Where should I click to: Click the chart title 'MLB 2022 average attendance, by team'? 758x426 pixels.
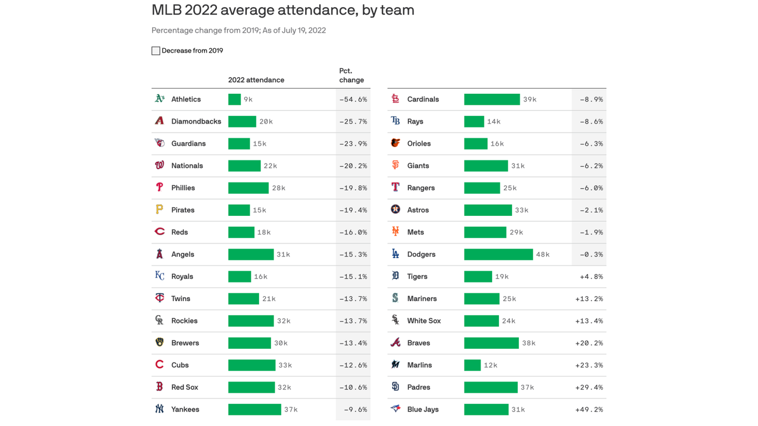(x=282, y=10)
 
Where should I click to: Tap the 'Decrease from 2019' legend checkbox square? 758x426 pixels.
(x=156, y=51)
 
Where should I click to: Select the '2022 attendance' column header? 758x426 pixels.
(x=256, y=80)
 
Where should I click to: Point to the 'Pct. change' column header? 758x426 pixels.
(x=351, y=75)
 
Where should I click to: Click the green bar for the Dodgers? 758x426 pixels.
(x=498, y=255)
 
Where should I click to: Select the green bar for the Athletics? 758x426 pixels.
(x=234, y=99)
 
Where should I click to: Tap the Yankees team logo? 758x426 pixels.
(x=159, y=409)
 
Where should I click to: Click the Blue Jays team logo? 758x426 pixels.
(x=395, y=409)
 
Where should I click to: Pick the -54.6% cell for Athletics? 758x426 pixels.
(x=353, y=99)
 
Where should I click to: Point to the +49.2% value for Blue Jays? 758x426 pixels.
(x=589, y=409)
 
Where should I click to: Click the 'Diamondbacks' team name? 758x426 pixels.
(x=196, y=121)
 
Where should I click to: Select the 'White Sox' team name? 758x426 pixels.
(x=423, y=321)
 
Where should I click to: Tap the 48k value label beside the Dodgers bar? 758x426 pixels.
(x=543, y=255)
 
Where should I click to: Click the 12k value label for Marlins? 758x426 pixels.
(x=491, y=365)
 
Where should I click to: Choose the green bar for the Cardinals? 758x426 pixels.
(x=492, y=99)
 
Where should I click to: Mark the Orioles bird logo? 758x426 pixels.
(x=395, y=143)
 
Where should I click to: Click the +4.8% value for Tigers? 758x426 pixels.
(x=592, y=276)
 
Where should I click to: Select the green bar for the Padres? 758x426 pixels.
(x=491, y=387)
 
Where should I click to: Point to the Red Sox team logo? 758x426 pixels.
(x=159, y=387)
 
